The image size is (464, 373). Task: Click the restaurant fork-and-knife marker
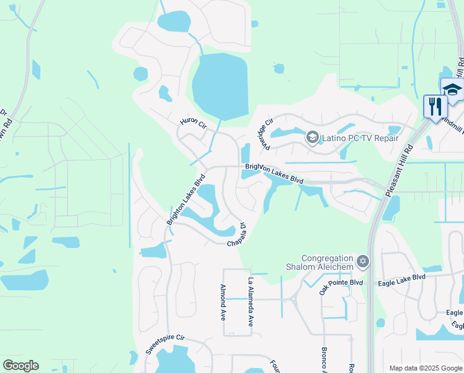click(434, 106)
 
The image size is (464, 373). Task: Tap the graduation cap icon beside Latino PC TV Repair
click(312, 137)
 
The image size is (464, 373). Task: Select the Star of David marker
click(363, 262)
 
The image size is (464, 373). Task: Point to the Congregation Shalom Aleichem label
click(327, 262)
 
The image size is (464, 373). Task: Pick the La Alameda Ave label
click(251, 302)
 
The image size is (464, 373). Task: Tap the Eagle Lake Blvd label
click(402, 277)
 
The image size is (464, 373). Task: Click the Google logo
click(20, 366)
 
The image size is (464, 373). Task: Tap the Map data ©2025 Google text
click(424, 368)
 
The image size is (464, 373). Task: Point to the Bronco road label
click(324, 359)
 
